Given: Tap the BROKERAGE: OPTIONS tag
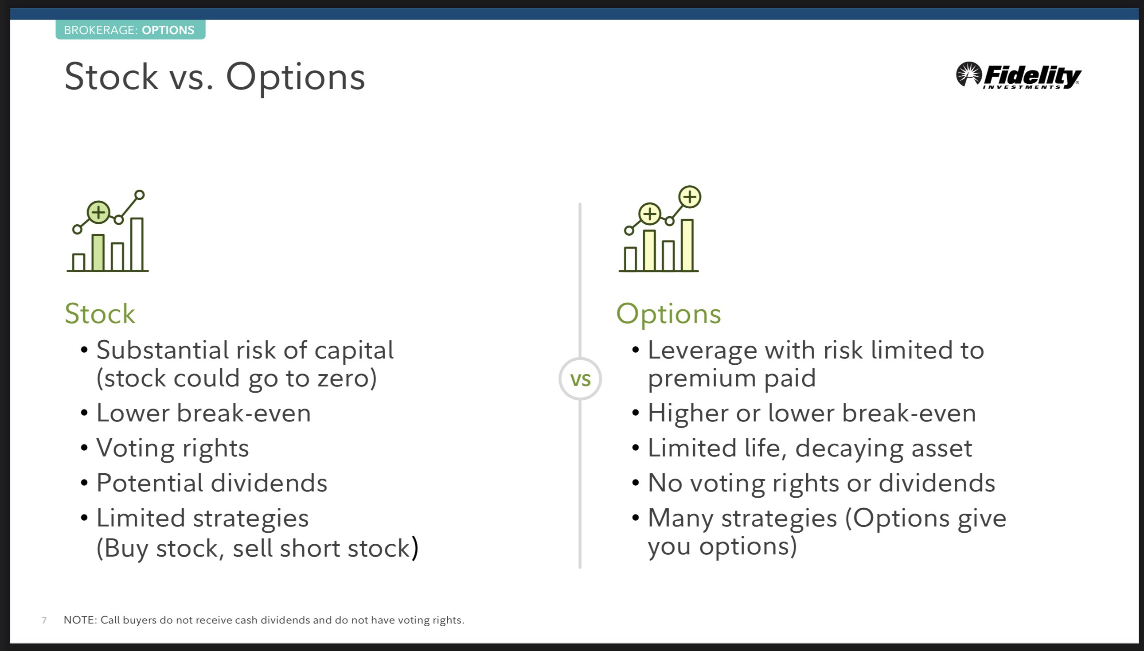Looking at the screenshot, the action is tap(130, 30).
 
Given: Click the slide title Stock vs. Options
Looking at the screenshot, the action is tap(215, 78).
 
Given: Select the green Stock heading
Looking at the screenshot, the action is tap(100, 313).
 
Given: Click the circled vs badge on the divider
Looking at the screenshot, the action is tap(580, 379).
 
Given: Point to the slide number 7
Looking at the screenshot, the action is tap(44, 620).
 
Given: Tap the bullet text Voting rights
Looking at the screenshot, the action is tap(172, 449).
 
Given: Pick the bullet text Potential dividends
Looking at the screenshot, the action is tap(212, 483).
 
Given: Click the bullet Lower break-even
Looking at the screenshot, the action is tap(203, 413).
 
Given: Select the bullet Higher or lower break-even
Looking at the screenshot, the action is tap(812, 413).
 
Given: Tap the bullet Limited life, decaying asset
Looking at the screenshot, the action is tap(810, 449).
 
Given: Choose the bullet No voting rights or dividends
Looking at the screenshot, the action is tap(821, 484).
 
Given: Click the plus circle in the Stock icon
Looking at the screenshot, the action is tap(98, 212).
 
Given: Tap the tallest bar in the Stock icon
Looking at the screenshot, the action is tap(137, 244).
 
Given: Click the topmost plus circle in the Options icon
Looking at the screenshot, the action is tap(690, 197).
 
